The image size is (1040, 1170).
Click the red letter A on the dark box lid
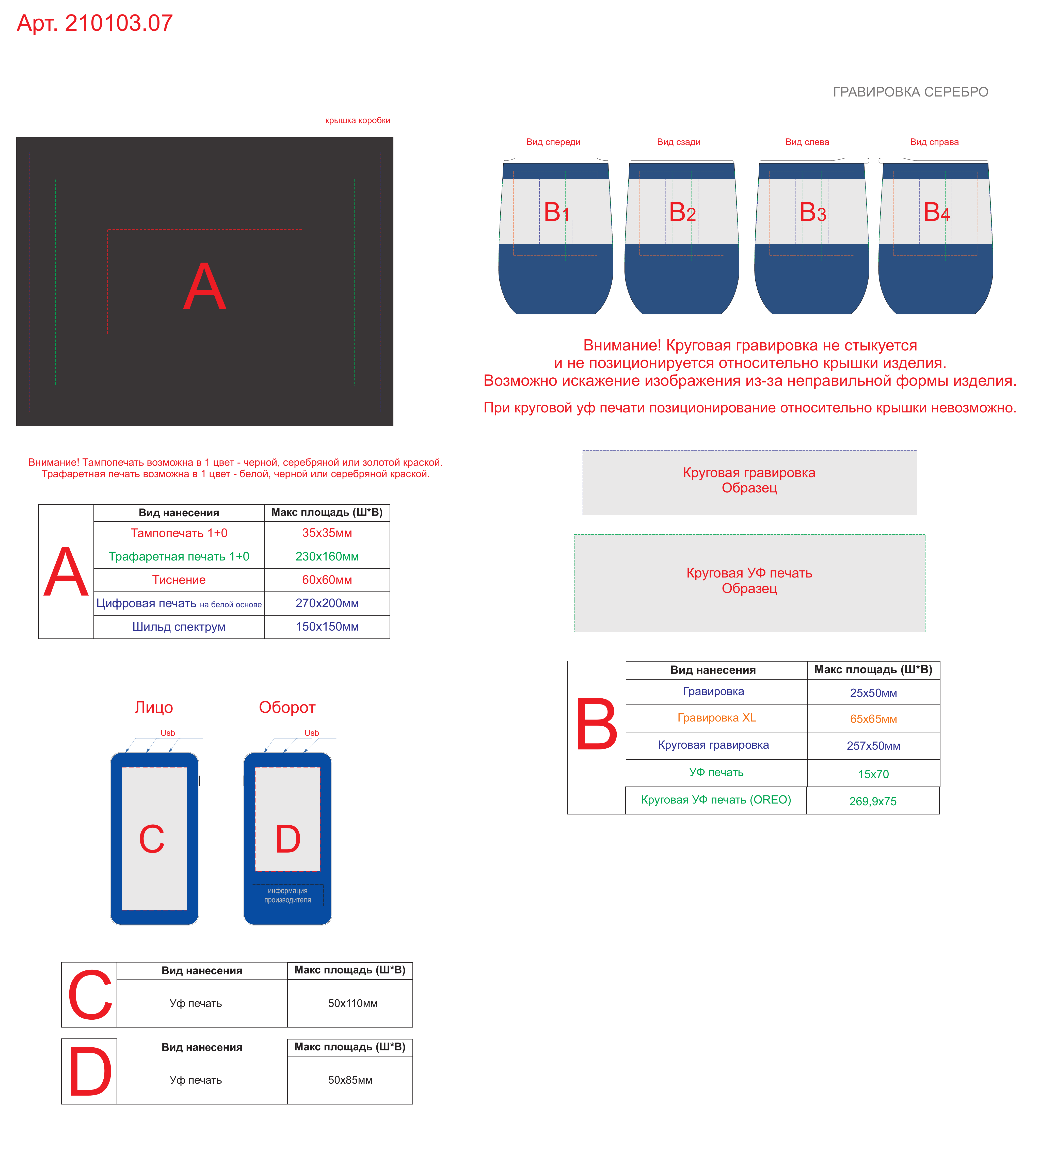tap(205, 286)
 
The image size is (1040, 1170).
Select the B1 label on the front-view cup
tap(556, 212)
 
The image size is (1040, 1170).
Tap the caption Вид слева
tap(807, 142)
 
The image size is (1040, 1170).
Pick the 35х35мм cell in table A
tap(327, 533)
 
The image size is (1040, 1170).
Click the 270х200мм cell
tap(327, 603)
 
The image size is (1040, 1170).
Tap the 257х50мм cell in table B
tap(873, 746)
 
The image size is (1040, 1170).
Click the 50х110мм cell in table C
tap(353, 1003)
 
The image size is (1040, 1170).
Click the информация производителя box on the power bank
tap(287, 895)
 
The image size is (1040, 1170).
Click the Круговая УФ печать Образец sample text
tap(749, 580)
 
